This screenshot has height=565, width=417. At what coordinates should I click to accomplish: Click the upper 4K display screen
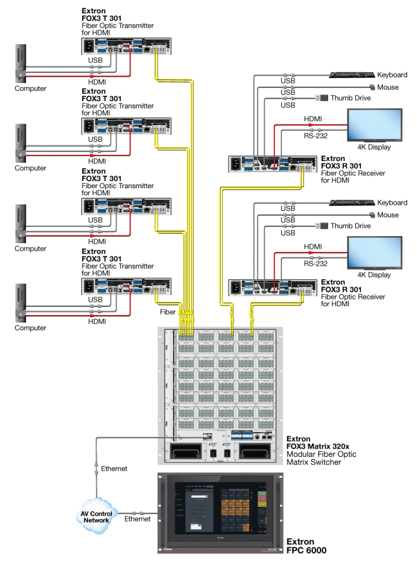pos(375,126)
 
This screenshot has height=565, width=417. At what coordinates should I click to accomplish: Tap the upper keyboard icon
pos(352,74)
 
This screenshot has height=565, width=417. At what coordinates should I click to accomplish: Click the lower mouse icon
pos(373,215)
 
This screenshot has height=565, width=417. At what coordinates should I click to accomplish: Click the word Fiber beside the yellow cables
pos(168,312)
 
